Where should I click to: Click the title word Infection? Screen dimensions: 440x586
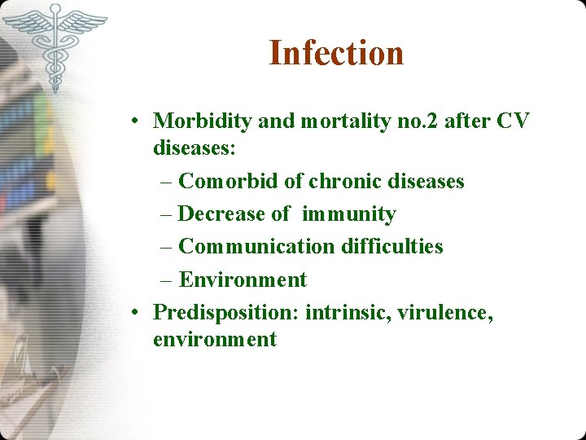(336, 54)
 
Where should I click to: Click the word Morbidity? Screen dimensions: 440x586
(203, 121)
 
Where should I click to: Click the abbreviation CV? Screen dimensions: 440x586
(512, 121)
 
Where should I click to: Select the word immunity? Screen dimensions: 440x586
(348, 214)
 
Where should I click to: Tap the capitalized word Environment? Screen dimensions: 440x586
(243, 279)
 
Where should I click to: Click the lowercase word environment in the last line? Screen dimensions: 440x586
(215, 339)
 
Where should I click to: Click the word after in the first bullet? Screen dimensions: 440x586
(465, 121)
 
